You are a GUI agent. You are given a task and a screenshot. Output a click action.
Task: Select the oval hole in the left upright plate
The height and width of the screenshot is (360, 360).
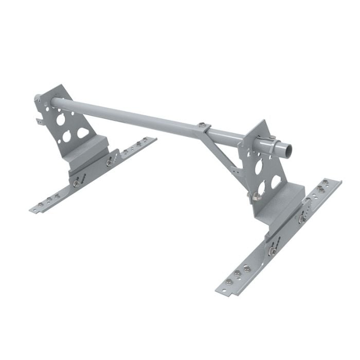83,133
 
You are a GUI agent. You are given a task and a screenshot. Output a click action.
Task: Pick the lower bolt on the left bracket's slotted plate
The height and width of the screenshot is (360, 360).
77,182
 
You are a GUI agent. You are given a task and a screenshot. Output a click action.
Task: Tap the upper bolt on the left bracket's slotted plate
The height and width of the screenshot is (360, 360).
110,163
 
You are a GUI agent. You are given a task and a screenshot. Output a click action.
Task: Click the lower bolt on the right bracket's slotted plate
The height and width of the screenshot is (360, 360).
271,250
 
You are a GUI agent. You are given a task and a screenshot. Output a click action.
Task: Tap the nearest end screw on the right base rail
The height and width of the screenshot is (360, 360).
229,282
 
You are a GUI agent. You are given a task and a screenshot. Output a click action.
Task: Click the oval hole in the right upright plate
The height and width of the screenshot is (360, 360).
276,181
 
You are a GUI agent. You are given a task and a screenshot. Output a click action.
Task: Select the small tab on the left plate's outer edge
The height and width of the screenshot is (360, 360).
40,121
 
